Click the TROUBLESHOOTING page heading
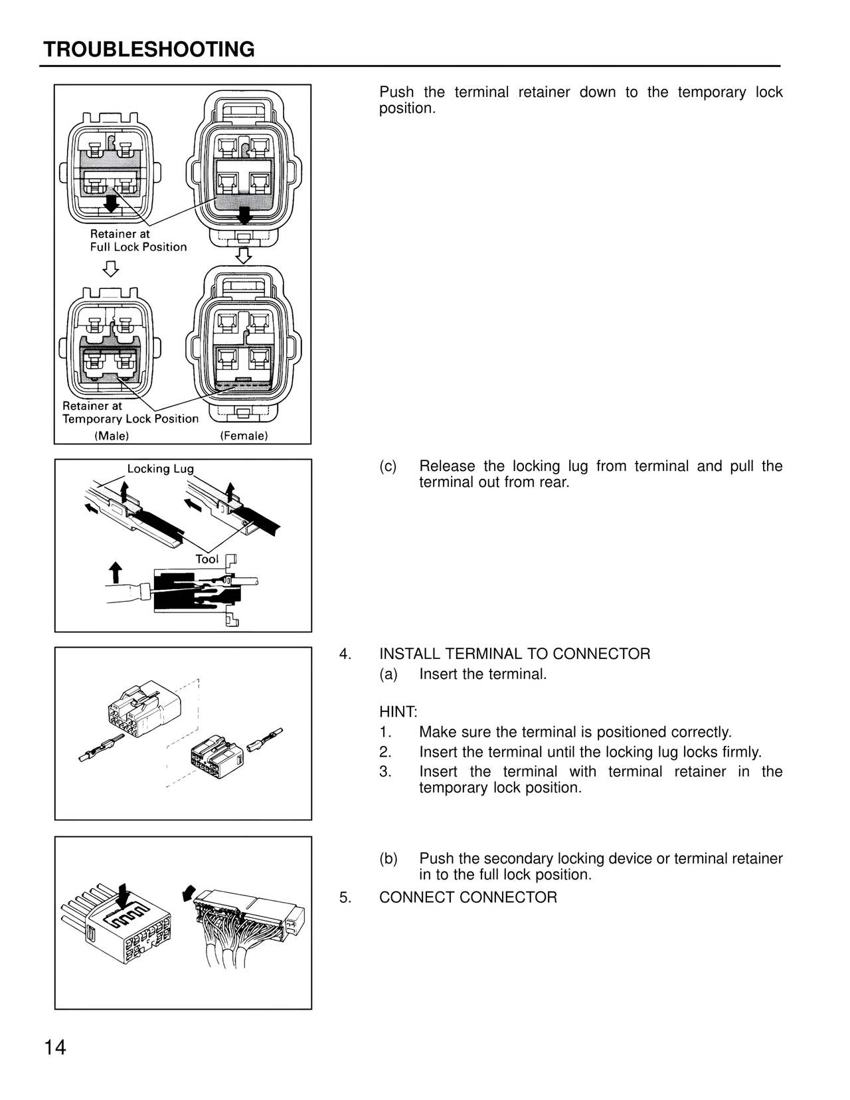pos(149,50)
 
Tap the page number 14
pos(55,1048)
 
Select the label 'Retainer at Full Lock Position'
pos(138,240)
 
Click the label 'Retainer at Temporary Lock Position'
pos(130,412)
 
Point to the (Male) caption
pos(112,436)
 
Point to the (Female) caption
pos(244,436)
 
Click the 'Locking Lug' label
pos(161,469)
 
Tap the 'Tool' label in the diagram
pos(207,559)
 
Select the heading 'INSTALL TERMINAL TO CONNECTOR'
pos(515,654)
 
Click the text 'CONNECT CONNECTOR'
pos(468,897)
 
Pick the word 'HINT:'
pos(398,712)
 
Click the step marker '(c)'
pos(388,466)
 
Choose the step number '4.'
pos(345,654)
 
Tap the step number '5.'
pos(345,897)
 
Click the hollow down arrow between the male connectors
pos(111,268)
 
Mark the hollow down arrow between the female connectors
pos(244,254)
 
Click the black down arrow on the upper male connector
pos(112,203)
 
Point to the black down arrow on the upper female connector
pos(245,215)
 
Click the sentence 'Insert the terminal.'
pos(483,674)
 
